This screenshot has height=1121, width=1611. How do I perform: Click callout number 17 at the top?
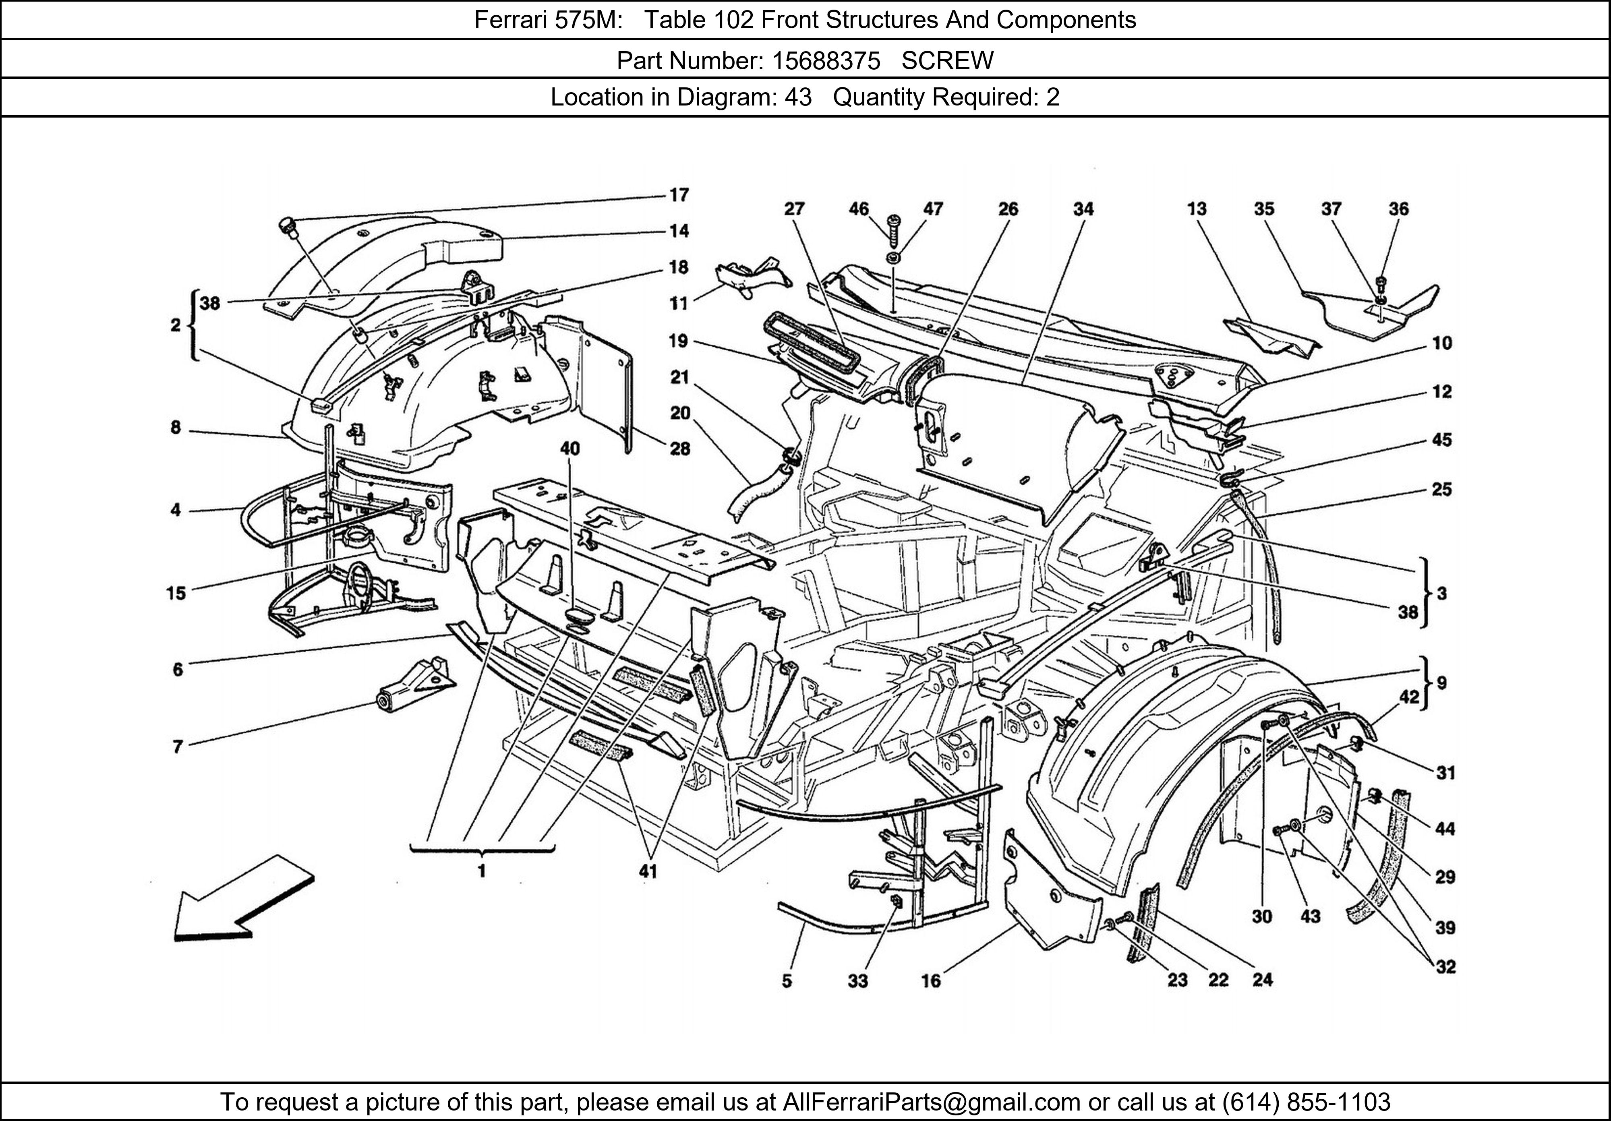click(679, 195)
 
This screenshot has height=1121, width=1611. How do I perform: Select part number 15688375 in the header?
click(826, 61)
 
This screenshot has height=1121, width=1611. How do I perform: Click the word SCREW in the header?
click(947, 61)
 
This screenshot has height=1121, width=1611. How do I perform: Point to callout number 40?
click(570, 448)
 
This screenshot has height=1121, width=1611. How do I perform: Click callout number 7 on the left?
click(178, 747)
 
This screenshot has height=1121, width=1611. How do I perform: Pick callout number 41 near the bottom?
click(648, 872)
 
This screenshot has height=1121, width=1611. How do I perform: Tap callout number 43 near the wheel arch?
click(1310, 916)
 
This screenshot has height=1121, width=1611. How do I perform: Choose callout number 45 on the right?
click(1441, 440)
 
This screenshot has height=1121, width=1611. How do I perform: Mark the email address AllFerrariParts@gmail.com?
click(931, 1102)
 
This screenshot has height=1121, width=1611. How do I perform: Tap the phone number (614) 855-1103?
click(1306, 1102)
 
